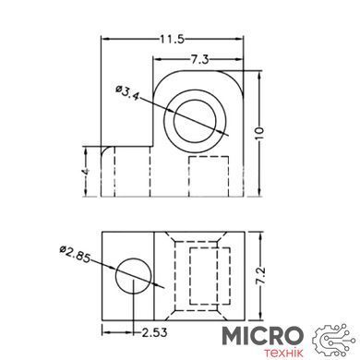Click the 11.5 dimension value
click(172, 40)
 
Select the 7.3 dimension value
click(199, 59)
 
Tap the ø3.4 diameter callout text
click(127, 92)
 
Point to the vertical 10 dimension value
click(260, 133)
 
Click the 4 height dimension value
click(87, 171)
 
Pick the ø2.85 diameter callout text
click(76, 255)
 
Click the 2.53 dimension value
click(154, 332)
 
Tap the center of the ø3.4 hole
click(195, 120)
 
